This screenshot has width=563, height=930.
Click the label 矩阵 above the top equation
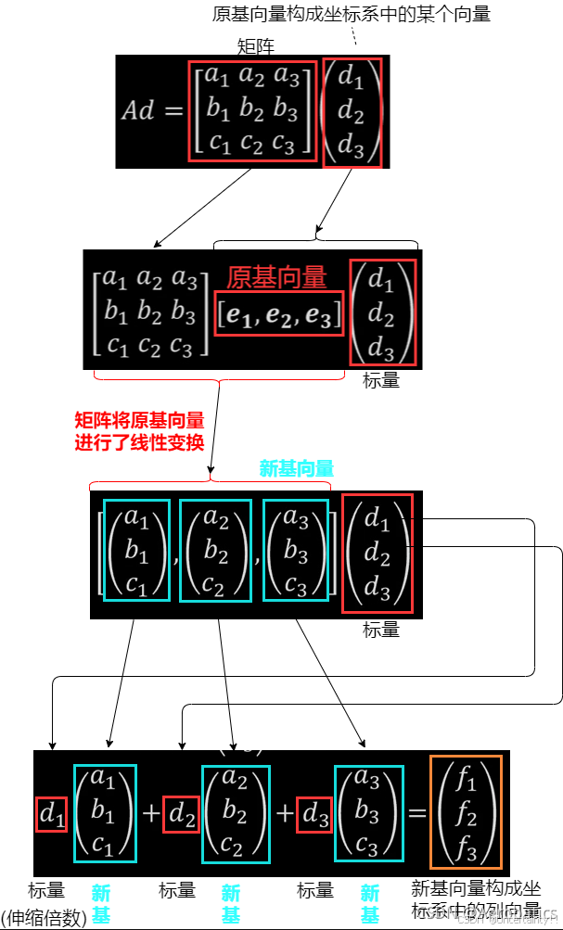[256, 46]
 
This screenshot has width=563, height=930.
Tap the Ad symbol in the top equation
[138, 110]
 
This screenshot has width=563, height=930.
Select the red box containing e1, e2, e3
[280, 314]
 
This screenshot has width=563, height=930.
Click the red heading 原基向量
[276, 276]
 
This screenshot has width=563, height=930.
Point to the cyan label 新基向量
[297, 469]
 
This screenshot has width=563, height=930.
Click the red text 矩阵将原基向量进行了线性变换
[139, 431]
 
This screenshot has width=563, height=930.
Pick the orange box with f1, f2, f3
[466, 809]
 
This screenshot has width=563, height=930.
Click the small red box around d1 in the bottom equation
[51, 813]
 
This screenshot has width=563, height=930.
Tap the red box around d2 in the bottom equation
[182, 813]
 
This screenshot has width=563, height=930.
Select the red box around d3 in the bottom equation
[314, 813]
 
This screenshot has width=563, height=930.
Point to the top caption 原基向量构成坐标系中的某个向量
[352, 14]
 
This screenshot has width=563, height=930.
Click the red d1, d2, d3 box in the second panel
[382, 312]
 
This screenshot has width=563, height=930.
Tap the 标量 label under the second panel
[381, 380]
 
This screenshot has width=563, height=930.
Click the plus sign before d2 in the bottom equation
[151, 813]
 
